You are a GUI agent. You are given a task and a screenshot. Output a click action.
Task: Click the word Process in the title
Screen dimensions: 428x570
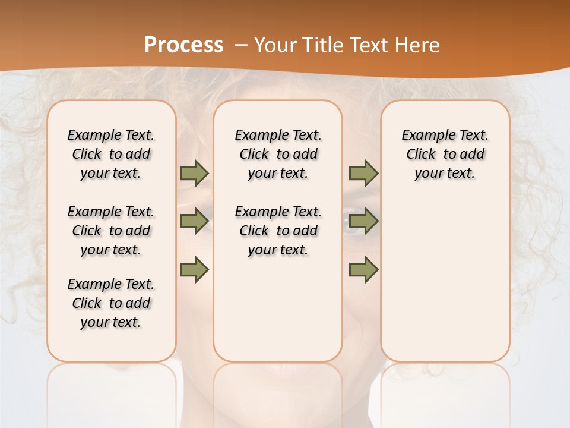[183, 45]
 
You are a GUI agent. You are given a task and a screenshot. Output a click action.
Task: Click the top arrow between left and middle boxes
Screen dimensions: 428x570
[194, 173]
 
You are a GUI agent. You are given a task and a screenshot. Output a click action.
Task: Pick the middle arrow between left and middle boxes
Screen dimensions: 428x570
[194, 221]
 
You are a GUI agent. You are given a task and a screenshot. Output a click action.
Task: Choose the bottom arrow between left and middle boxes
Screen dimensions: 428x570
[194, 269]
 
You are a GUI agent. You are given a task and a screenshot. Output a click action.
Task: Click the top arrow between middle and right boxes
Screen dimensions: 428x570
[363, 173]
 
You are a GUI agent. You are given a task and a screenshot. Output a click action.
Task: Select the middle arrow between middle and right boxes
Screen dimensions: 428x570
[363, 221]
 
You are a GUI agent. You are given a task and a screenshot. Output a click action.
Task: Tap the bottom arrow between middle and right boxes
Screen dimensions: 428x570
[363, 269]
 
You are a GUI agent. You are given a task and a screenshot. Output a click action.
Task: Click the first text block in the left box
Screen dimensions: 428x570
[111, 154]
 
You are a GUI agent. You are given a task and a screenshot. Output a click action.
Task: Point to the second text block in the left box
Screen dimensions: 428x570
[111, 231]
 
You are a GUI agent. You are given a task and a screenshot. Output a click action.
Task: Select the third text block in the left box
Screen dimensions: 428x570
[111, 303]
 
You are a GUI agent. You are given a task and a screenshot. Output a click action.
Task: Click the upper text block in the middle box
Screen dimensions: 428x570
[278, 154]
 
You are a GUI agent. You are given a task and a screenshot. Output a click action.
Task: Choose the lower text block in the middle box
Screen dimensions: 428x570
[278, 231]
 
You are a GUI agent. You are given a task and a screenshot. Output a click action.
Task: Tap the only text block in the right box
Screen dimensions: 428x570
[445, 154]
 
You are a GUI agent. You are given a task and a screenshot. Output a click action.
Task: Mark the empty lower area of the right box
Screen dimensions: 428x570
[445, 273]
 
